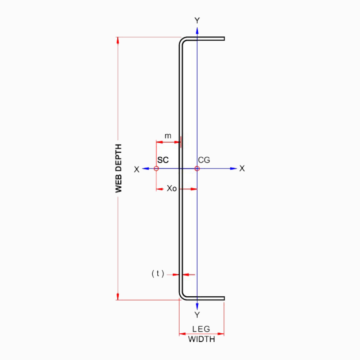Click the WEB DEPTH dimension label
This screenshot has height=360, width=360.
coord(119,168)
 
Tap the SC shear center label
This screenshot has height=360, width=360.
coord(163,160)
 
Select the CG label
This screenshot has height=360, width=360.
coord(204,160)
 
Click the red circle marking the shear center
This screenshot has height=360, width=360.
coord(156,168)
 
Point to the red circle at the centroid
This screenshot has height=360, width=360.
coord(197,168)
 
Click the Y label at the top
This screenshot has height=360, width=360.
coord(197,21)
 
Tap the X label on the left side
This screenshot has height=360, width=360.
coord(137,169)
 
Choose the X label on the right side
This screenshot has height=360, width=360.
coord(242,168)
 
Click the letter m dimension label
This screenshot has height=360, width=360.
coord(168,136)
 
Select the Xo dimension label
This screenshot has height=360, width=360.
coord(171,188)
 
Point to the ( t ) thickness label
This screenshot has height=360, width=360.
coord(158,274)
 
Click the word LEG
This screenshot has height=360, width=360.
coord(201,329)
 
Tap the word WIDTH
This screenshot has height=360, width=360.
coord(202,339)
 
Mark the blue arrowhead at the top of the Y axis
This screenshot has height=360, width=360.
coord(197,30)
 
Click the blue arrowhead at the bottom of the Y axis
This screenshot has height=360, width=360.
coord(197,306)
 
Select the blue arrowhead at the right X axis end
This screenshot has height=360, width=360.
coord(234,168)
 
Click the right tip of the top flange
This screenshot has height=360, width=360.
coord(224,39)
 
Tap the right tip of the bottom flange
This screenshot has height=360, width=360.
coord(224,298)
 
